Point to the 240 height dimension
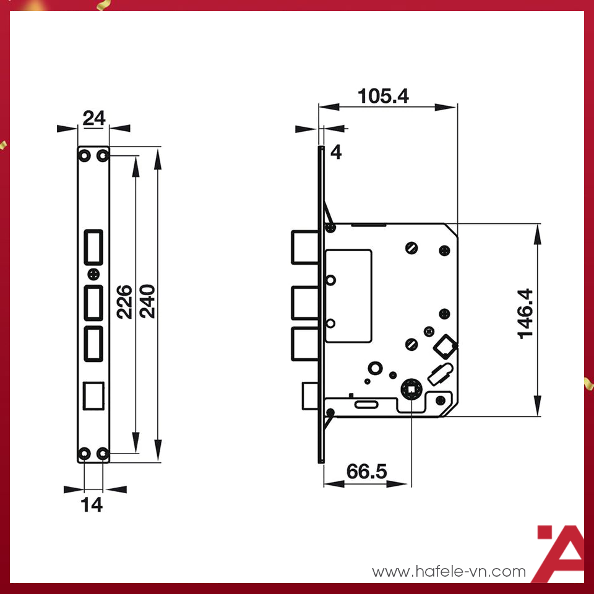(147, 301)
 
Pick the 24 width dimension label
(93, 118)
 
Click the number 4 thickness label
(336, 152)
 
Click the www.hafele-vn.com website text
(449, 571)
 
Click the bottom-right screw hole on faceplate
(103, 455)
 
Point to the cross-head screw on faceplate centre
(93, 273)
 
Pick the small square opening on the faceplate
(93, 395)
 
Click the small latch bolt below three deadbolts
(310, 396)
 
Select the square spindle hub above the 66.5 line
(411, 389)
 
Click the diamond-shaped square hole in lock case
(445, 346)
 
